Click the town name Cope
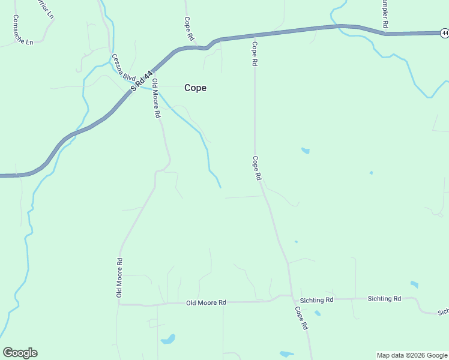pyautogui.click(x=195, y=88)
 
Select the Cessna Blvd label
pyautogui.click(x=124, y=67)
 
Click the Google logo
pyautogui.click(x=20, y=352)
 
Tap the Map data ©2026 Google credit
pyautogui.click(x=412, y=355)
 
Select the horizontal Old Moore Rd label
pyautogui.click(x=205, y=303)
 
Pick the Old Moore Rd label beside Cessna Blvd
pyautogui.click(x=156, y=97)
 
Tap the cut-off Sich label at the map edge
pyautogui.click(x=443, y=312)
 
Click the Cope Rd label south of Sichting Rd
pyautogui.click(x=301, y=318)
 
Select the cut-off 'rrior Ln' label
pyautogui.click(x=46, y=9)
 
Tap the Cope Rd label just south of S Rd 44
pyautogui.click(x=255, y=54)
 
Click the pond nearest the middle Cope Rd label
pyautogui.click(x=306, y=151)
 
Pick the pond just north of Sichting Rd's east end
pyautogui.click(x=414, y=284)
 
